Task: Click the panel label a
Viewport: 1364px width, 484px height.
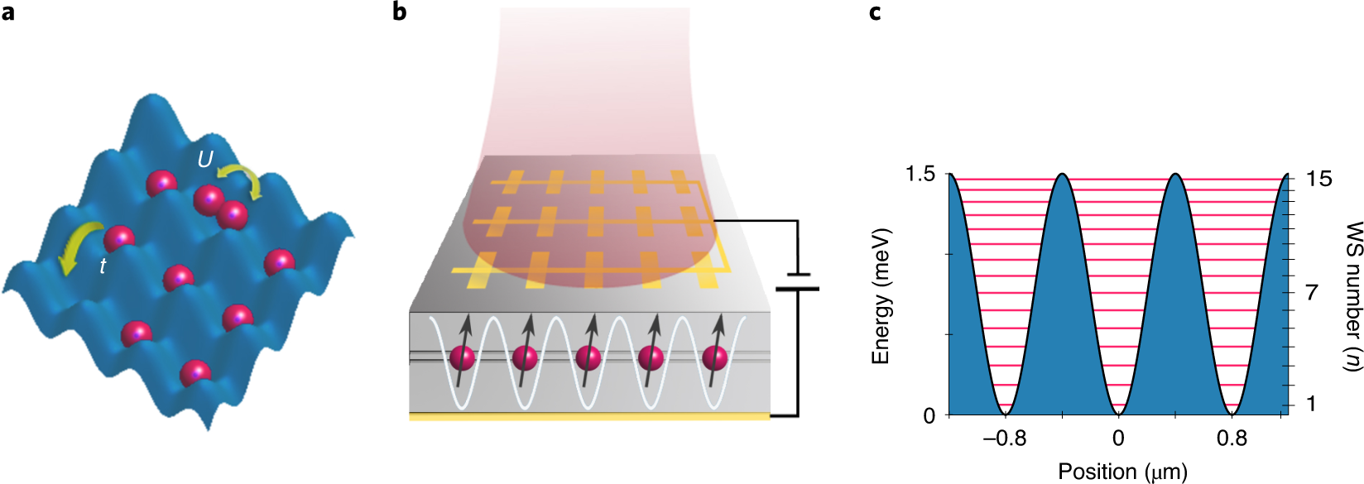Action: coord(8,12)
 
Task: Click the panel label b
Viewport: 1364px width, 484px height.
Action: coord(400,12)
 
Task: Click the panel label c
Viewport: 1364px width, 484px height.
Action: coord(875,12)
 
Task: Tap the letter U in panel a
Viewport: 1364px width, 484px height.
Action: coord(204,158)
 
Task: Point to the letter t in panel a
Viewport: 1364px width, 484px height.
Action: coord(103,266)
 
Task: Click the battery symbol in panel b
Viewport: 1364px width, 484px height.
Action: coord(797,281)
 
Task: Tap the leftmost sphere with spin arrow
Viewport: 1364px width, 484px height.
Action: coord(463,358)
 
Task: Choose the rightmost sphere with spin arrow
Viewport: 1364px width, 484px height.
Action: coord(715,358)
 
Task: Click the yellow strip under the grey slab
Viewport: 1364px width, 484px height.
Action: coord(589,417)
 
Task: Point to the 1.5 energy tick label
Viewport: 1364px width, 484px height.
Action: coord(920,175)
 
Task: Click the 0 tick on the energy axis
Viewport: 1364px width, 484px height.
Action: coord(929,415)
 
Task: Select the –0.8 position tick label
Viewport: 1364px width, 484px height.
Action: coord(1004,438)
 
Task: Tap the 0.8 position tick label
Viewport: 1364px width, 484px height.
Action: coord(1232,438)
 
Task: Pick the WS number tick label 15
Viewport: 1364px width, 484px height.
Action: coord(1319,179)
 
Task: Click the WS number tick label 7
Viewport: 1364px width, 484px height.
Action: coord(1312,292)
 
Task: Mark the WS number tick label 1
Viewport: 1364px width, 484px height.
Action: coord(1311,404)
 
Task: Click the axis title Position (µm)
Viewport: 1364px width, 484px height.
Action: coord(1122,472)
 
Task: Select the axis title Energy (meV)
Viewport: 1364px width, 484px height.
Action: coord(881,295)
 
